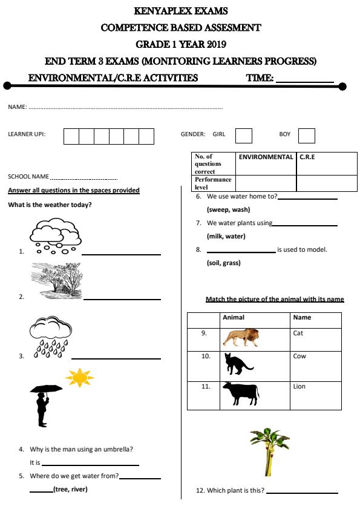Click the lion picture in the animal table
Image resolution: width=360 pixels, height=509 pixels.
point(241,338)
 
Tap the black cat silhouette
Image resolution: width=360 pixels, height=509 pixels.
point(238,364)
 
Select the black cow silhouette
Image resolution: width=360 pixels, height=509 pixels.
point(240,393)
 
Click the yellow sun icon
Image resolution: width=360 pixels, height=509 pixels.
point(80,378)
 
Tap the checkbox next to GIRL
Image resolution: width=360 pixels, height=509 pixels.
point(243,136)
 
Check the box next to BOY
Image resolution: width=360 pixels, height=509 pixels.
point(307,136)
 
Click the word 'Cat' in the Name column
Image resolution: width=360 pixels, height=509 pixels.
point(298,333)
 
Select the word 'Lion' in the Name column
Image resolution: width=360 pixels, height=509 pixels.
point(299,387)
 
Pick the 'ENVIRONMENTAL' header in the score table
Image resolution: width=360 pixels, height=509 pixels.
point(266,157)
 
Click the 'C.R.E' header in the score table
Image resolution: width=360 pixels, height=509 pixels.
point(307,157)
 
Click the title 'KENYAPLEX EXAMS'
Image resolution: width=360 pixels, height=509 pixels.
point(180,11)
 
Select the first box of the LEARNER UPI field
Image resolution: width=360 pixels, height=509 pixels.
point(71,136)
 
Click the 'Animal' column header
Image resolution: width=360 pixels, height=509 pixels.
point(234,318)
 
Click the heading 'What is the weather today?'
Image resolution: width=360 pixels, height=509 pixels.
point(50,205)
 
